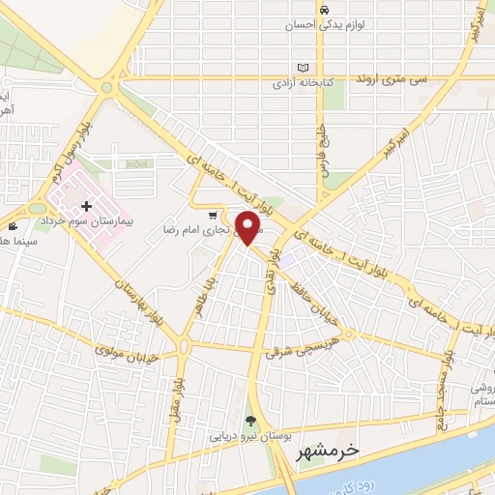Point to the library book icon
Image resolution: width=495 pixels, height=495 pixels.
pos(305,68)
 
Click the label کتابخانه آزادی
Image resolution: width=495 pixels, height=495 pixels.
pos(305,83)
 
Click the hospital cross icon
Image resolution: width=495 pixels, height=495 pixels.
pos(88,206)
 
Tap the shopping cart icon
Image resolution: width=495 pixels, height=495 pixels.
pos(212,216)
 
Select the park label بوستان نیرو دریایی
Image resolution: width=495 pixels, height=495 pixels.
pos(251,436)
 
